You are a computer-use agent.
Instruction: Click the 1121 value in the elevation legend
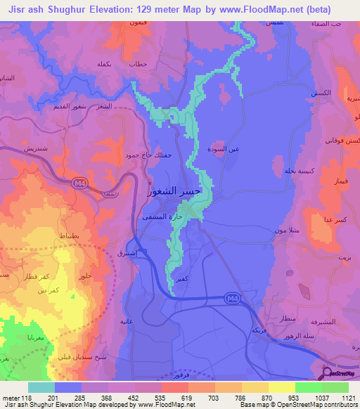click(x=347, y=398)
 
